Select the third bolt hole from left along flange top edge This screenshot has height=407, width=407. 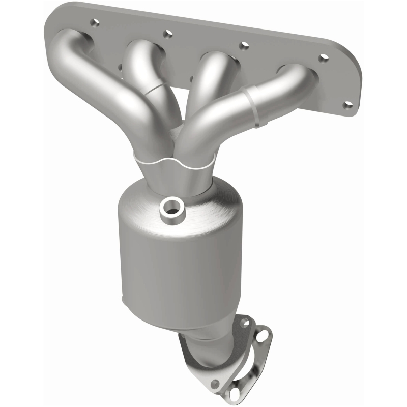[244, 46]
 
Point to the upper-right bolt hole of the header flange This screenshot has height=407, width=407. [323, 58]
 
